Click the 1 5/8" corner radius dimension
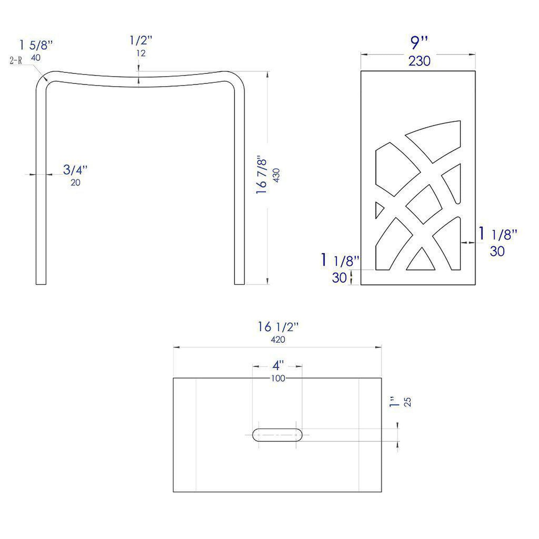click(36, 45)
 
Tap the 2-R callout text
click(15, 60)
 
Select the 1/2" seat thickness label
click(141, 40)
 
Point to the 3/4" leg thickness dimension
click(75, 170)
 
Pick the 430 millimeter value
click(276, 175)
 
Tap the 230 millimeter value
click(419, 61)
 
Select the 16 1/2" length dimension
click(278, 327)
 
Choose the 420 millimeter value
click(278, 339)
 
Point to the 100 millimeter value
click(278, 378)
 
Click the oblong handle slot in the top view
click(277, 435)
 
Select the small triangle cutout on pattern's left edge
click(379, 210)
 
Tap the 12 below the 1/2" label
click(141, 53)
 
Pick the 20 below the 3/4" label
click(75, 182)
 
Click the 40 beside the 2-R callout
click(36, 58)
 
